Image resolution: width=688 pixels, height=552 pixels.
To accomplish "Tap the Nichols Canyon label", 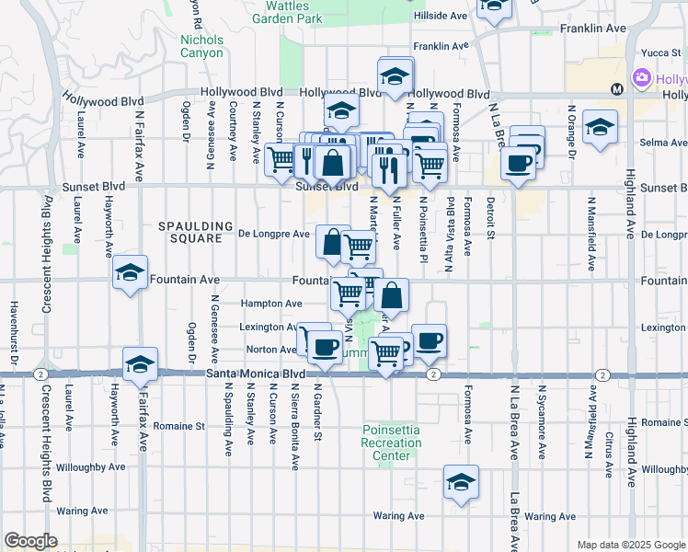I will (201, 46).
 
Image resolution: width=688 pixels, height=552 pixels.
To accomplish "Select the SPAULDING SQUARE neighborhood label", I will (190, 232).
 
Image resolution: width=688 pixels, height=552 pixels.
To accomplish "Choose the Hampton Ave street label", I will (271, 304).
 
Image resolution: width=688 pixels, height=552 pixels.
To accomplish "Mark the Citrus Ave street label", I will (609, 454).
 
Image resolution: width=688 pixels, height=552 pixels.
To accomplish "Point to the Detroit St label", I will (491, 217).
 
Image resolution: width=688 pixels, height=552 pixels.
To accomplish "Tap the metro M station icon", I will (616, 90).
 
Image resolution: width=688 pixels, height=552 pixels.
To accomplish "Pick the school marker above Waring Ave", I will (461, 482).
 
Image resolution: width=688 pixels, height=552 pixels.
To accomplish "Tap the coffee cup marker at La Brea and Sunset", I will (518, 163).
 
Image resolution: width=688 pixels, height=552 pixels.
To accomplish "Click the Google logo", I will (30, 541).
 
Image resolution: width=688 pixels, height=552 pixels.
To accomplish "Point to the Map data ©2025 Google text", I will (630, 545).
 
